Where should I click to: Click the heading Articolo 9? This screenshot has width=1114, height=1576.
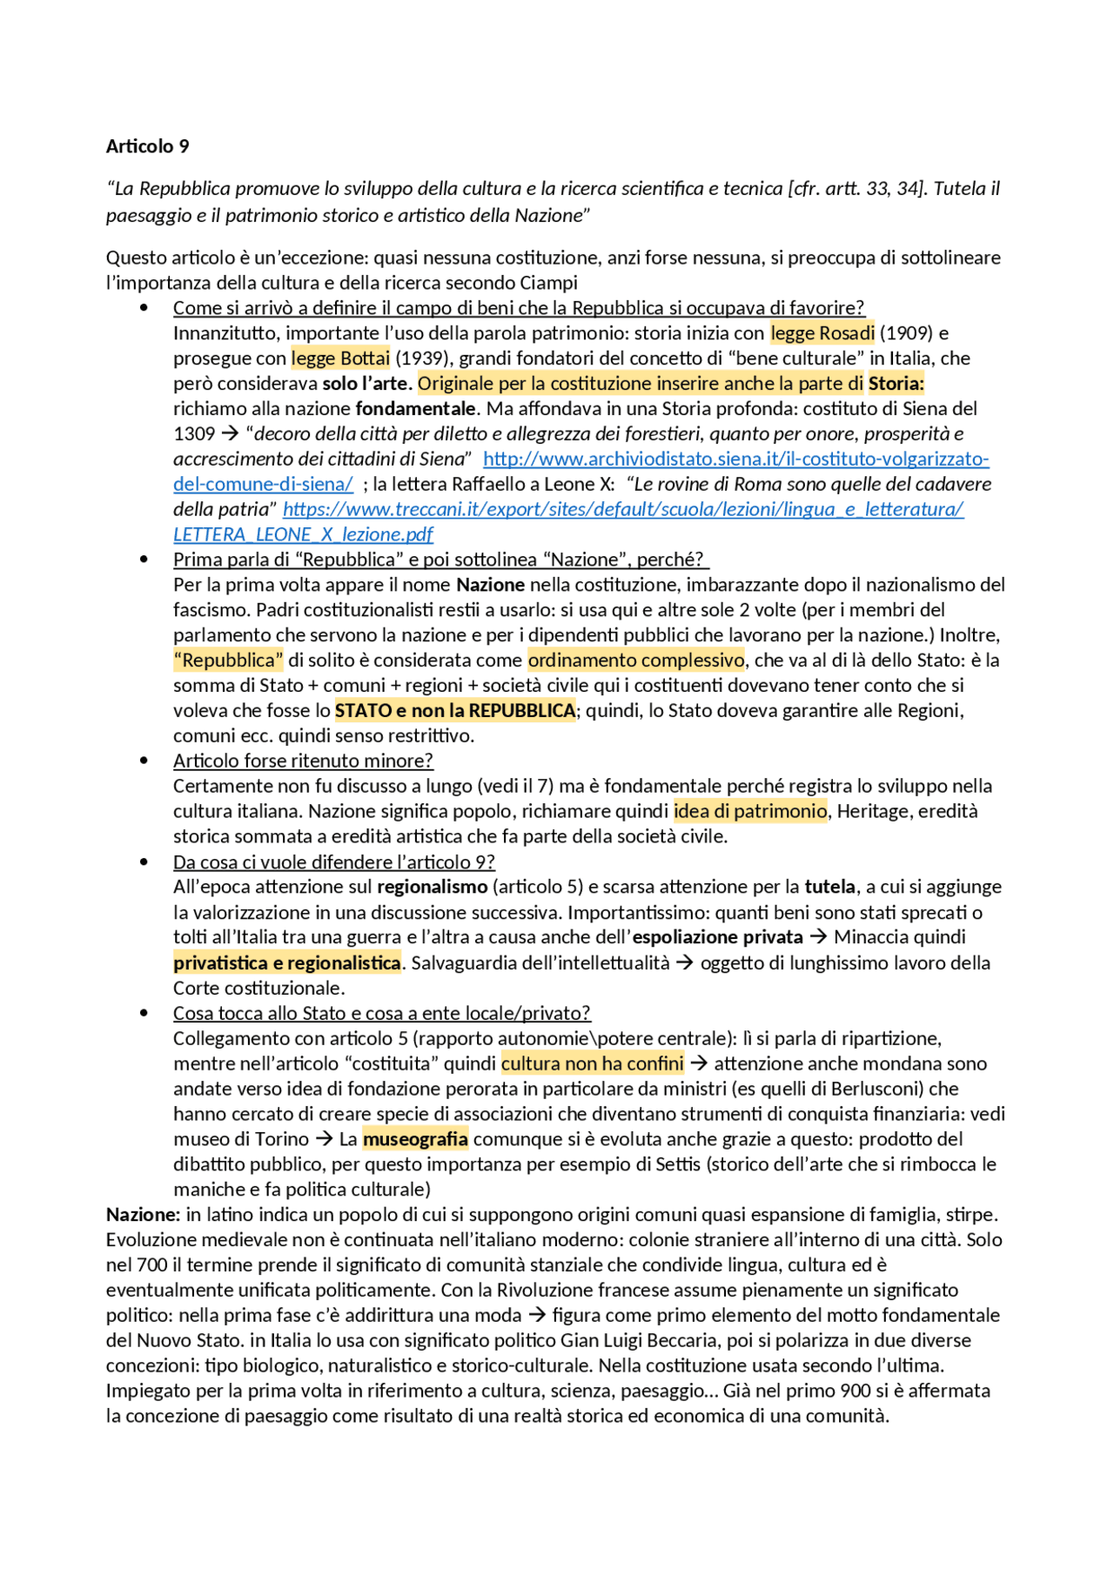tap(147, 146)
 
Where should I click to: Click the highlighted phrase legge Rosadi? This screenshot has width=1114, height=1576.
tap(822, 333)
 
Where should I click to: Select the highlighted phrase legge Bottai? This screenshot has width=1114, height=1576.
tap(340, 359)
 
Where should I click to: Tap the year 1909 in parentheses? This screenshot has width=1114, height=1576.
tap(906, 333)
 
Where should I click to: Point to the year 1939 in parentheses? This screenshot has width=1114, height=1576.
tap(424, 359)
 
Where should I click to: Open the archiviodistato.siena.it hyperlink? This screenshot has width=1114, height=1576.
tap(735, 459)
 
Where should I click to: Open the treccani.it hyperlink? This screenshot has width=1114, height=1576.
tap(622, 509)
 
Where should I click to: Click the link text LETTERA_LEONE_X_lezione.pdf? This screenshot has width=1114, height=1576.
tap(303, 534)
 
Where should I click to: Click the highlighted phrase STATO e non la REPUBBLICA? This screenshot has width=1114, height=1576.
tap(454, 711)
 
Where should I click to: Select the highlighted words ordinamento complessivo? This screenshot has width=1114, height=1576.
tap(635, 661)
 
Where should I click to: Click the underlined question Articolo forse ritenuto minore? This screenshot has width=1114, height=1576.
tap(303, 761)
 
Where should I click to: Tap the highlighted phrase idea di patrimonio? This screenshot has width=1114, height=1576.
tap(749, 811)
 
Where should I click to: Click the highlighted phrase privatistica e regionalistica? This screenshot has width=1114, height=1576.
tap(286, 962)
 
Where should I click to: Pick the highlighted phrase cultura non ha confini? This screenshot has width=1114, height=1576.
tap(592, 1063)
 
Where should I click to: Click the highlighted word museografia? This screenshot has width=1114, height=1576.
tap(415, 1139)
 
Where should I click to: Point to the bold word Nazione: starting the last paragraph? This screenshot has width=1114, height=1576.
tap(143, 1215)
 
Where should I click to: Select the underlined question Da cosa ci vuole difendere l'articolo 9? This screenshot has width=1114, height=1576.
tap(333, 862)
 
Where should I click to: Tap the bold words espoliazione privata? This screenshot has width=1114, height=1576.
tap(717, 937)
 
